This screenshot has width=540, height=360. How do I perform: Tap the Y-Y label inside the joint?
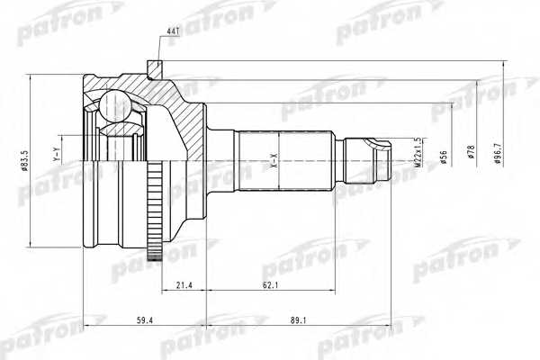click(57, 159)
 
